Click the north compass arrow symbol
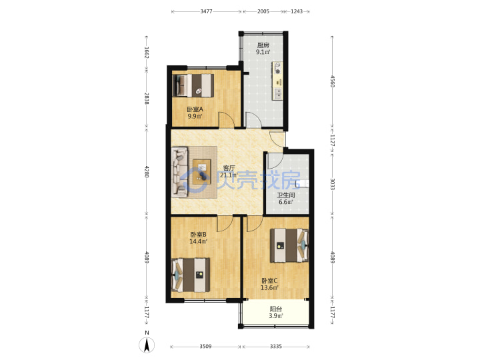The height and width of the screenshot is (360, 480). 147,345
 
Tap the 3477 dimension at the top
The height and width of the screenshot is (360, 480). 206,11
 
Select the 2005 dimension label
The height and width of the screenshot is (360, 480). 263,11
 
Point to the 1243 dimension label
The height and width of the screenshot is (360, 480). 296,11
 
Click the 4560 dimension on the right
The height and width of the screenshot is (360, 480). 333,81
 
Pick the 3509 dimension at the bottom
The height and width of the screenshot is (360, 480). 205,347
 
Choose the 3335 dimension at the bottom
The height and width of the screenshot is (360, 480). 276,347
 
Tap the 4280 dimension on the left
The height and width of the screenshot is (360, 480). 147,172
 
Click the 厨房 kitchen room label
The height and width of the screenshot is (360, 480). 263,45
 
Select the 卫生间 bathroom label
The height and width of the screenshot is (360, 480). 286,195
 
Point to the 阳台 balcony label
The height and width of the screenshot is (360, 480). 276,309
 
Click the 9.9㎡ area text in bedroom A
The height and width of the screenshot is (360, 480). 195,116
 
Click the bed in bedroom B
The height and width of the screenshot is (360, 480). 191,275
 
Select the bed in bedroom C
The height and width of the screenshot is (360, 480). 289,245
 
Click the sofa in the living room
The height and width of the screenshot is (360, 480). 179,172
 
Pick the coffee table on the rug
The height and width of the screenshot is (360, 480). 202,172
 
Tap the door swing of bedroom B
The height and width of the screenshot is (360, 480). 225,223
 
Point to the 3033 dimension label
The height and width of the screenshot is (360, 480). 333,184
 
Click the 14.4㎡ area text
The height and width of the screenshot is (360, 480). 198,241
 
